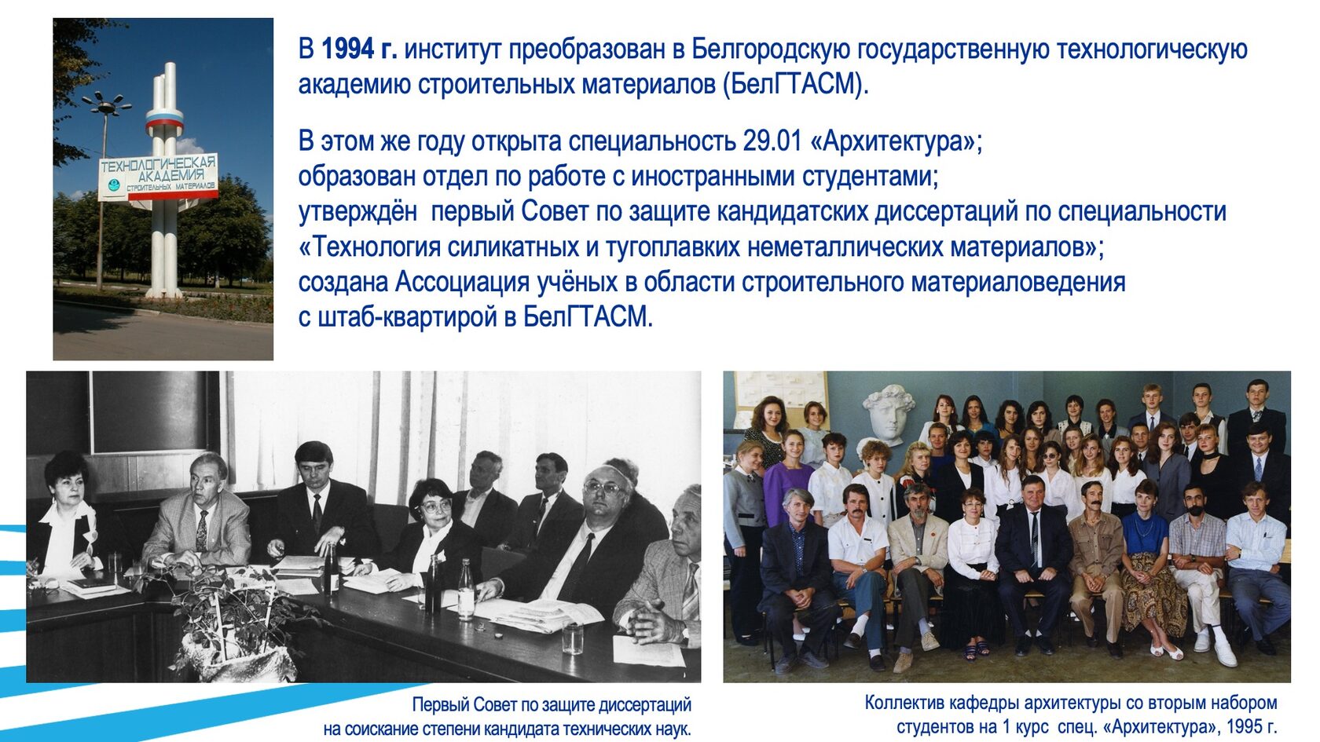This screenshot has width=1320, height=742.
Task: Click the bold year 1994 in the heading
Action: click(347, 49)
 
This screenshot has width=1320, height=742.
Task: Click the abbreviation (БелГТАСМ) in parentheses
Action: click(795, 84)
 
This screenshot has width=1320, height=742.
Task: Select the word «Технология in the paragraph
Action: click(368, 247)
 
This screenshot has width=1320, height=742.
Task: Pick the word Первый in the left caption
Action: click(441, 704)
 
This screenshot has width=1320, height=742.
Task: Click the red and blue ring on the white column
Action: click(164, 120)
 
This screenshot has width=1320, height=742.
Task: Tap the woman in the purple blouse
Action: click(789, 479)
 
